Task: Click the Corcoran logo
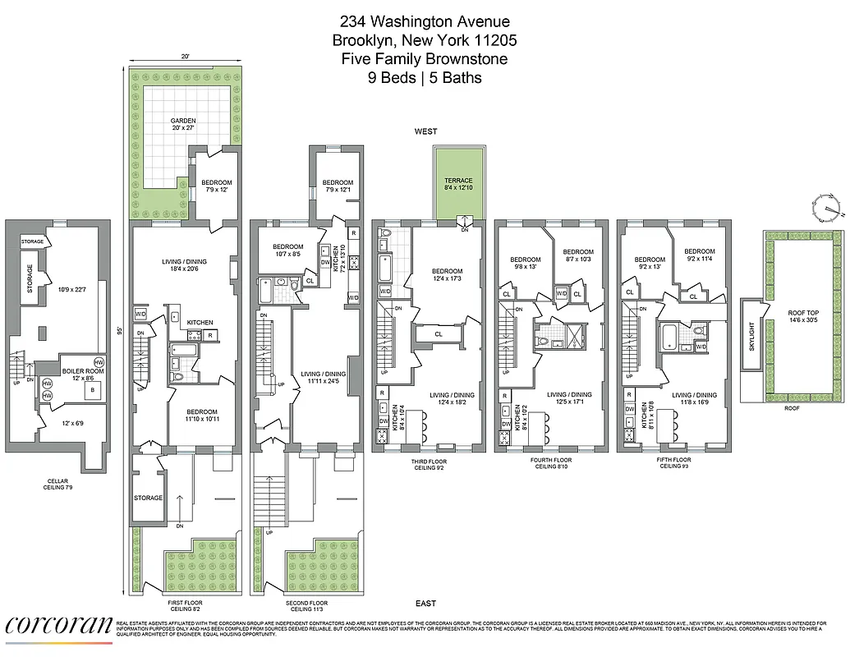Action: tap(58, 626)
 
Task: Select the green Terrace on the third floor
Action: tap(458, 185)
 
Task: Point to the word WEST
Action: tap(425, 131)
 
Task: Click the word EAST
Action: tap(425, 604)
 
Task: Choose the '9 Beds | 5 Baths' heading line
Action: tap(425, 78)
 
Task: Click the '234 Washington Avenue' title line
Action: tap(425, 22)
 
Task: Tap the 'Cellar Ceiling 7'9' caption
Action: tap(58, 485)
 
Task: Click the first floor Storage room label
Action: tap(149, 498)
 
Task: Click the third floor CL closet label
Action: tap(438, 334)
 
